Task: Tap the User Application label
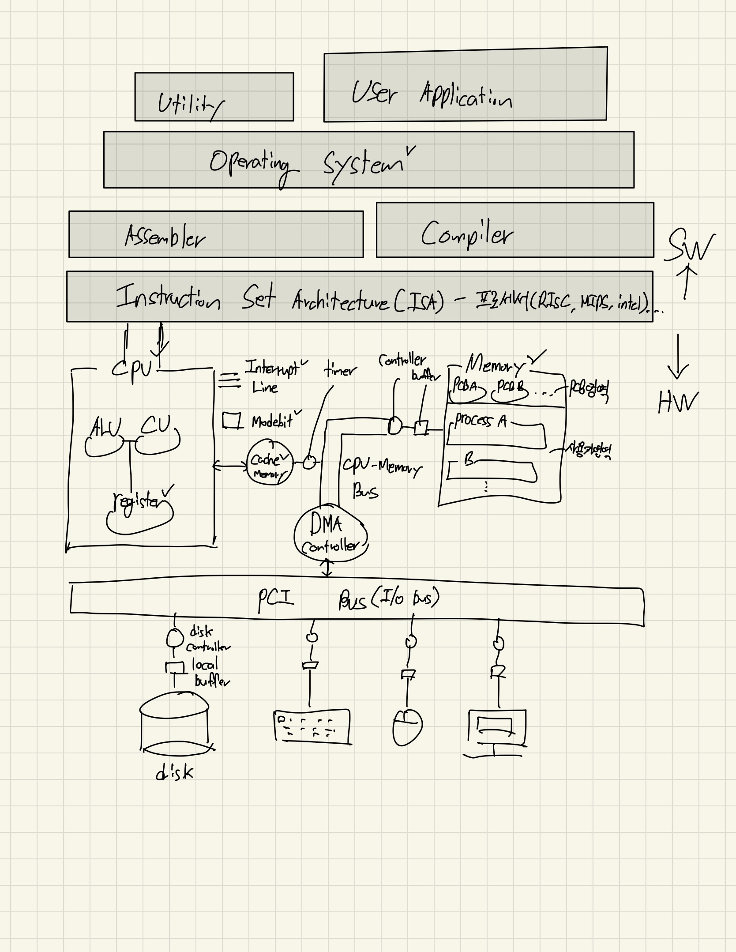pyautogui.click(x=432, y=94)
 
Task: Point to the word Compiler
pyautogui.click(x=467, y=234)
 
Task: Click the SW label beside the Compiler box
pyautogui.click(x=691, y=245)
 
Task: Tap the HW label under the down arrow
pyautogui.click(x=677, y=402)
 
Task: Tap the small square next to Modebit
pyautogui.click(x=232, y=420)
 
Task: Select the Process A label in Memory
pyautogui.click(x=481, y=421)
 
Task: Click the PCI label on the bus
pyautogui.click(x=275, y=599)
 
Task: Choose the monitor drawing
pyautogui.click(x=496, y=728)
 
